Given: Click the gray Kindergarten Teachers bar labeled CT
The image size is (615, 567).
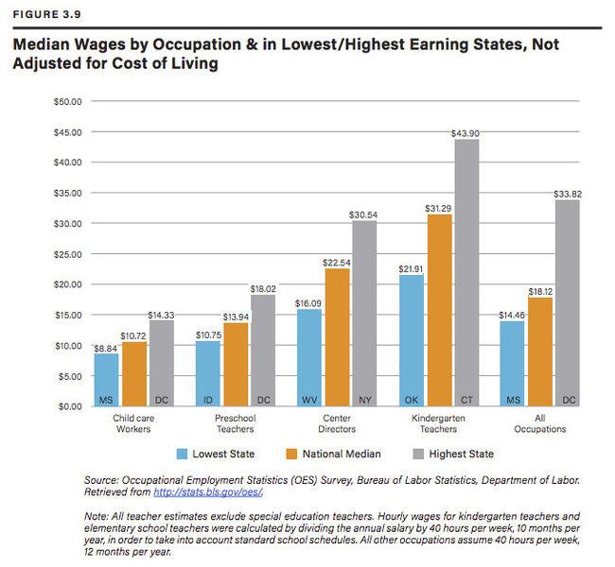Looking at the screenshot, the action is tap(466, 273).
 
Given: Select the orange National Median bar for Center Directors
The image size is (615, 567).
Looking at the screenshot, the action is tap(338, 337).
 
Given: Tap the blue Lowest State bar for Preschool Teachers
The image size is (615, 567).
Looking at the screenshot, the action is tap(208, 373).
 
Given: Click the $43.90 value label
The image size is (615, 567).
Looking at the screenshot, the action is tap(466, 133).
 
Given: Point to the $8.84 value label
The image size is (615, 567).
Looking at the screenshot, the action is tap(106, 349).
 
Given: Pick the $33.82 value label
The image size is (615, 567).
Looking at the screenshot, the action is tap(568, 195).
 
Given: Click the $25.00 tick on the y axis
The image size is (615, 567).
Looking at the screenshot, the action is tap(67, 254).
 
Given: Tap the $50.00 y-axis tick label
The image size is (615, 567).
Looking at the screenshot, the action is tap(67, 101).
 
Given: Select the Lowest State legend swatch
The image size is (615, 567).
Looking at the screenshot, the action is tap(182, 454).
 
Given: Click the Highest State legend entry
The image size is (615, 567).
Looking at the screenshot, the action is tap(453, 454).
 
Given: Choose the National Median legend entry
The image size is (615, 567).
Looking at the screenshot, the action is tap(334, 454).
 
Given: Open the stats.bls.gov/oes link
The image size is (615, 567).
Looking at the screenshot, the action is tap(208, 491).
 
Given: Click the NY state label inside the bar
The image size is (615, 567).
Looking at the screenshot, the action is tap(365, 400).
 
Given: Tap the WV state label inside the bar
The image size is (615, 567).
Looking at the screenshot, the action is tap(309, 400).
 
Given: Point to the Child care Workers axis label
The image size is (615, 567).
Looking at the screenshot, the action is tap(133, 423).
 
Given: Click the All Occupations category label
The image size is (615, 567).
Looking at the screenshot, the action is tap(540, 423).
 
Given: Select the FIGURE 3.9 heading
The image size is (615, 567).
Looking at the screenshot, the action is tap(46, 14).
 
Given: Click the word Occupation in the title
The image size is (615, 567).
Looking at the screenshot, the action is tap(197, 44).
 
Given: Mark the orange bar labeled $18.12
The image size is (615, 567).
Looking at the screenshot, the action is tap(540, 352).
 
